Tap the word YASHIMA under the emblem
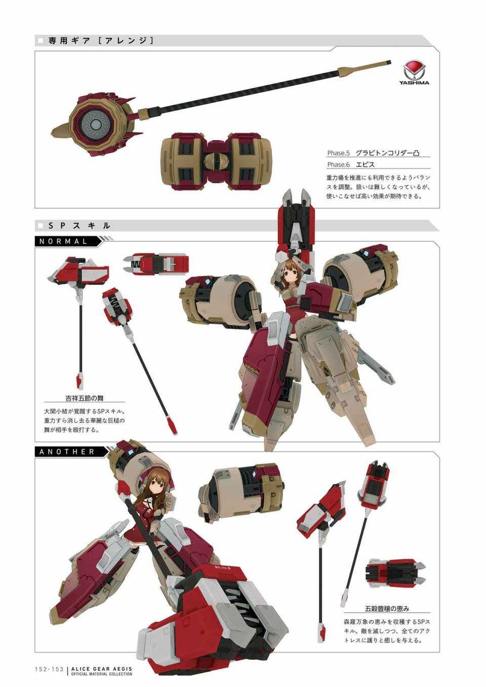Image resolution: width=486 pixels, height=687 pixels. [x=414, y=82]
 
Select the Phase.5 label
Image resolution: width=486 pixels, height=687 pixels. [x=338, y=152]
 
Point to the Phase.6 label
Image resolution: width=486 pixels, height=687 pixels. [x=338, y=164]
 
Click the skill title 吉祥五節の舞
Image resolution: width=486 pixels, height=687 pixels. [x=85, y=398]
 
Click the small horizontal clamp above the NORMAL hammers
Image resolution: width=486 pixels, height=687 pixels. [x=155, y=264]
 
